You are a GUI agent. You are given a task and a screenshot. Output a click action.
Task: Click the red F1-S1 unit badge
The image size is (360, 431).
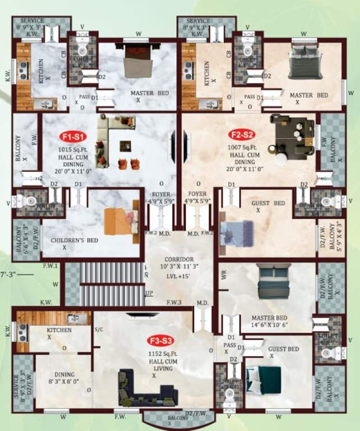coord(72,135)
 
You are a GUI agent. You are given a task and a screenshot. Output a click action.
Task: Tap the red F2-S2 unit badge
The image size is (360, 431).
coord(242,135)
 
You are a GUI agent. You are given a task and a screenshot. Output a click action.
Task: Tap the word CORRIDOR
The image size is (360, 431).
coord(179,259)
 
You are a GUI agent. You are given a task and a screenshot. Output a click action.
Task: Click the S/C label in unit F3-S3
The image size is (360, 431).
coord(99,330)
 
